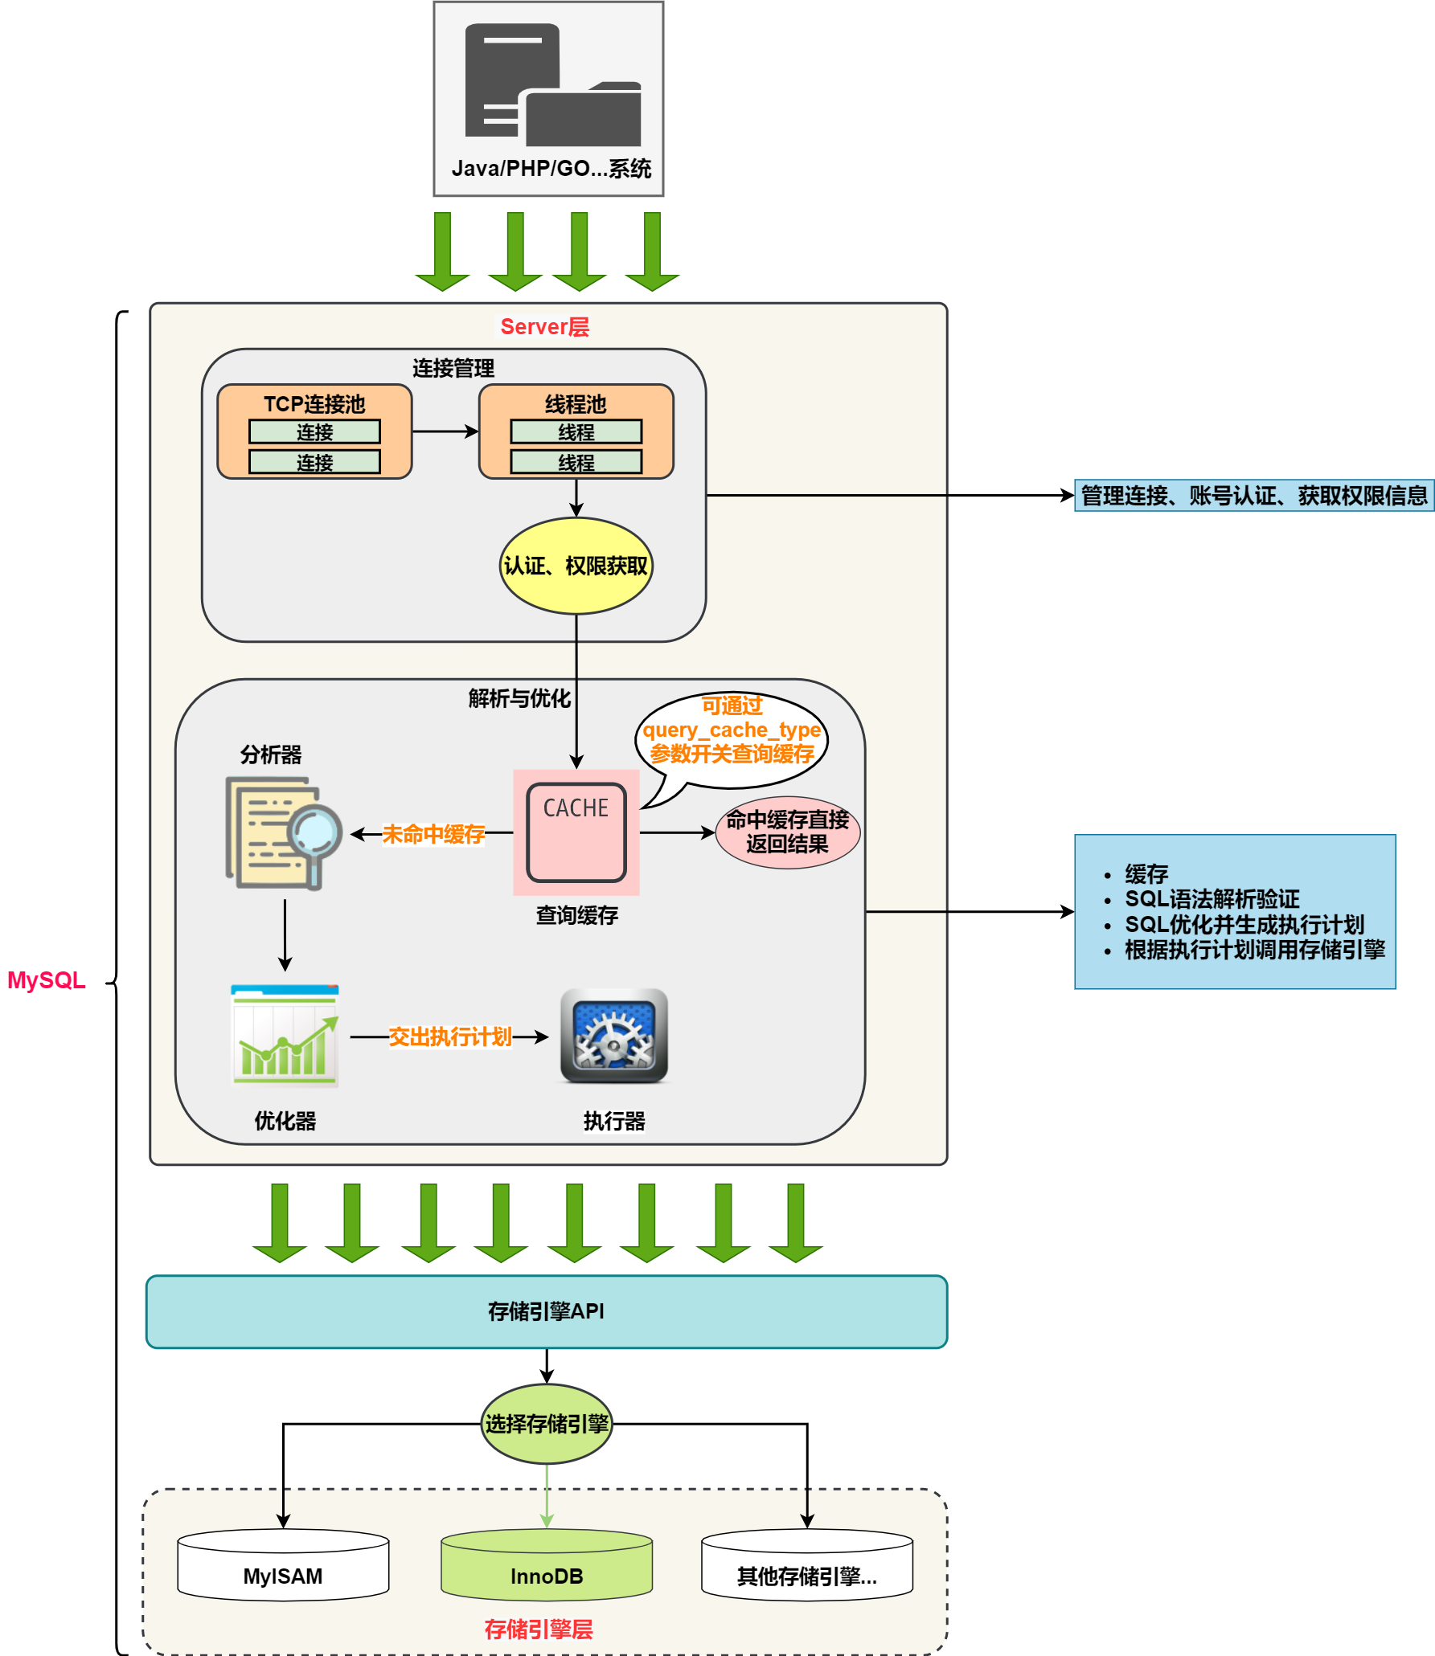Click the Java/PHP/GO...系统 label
tap(551, 169)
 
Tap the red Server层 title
tap(544, 327)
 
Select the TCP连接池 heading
tap(314, 403)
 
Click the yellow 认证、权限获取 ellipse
tap(576, 566)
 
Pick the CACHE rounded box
tap(576, 832)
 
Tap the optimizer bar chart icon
tap(285, 1036)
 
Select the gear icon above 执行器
tap(613, 1036)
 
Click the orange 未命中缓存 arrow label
tap(433, 834)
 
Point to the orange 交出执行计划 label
tap(450, 1037)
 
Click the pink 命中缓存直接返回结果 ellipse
tap(787, 832)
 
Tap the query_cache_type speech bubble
tap(732, 730)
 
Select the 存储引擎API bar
tap(547, 1311)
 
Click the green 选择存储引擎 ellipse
tap(547, 1424)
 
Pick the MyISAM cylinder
tap(283, 1567)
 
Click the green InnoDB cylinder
tap(547, 1567)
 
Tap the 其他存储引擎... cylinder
tap(806, 1567)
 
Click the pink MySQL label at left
tap(46, 980)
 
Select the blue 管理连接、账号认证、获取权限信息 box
tap(1253, 496)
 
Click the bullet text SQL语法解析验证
tap(1212, 899)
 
